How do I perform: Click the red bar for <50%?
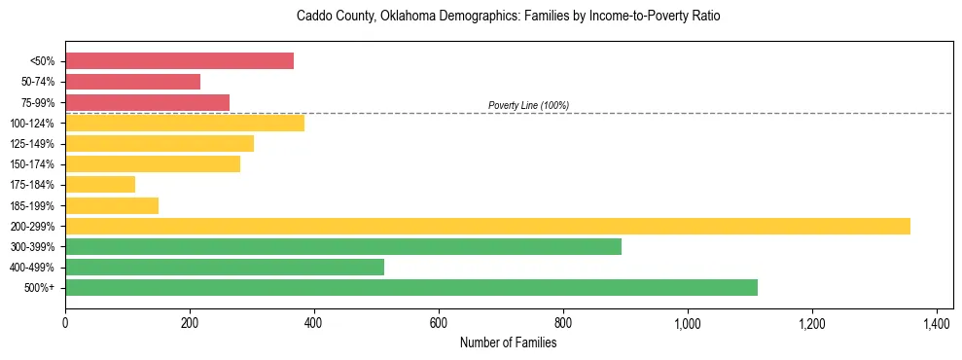click(x=179, y=61)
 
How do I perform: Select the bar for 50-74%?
click(x=132, y=82)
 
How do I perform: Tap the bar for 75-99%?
click(x=147, y=102)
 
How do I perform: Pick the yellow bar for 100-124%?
click(x=185, y=123)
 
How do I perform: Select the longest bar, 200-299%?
click(x=487, y=226)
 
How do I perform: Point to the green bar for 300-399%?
click(x=343, y=246)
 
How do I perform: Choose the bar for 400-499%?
click(x=225, y=267)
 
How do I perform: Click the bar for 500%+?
click(x=411, y=287)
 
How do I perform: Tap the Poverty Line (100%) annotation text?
click(x=528, y=105)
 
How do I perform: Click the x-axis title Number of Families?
click(x=509, y=342)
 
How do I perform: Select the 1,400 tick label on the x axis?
click(x=936, y=323)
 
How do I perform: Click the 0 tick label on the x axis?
click(x=65, y=323)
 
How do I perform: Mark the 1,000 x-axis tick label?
click(x=687, y=323)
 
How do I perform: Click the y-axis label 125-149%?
click(x=33, y=144)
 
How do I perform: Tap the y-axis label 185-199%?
click(x=33, y=206)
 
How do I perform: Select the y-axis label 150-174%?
click(x=33, y=164)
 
